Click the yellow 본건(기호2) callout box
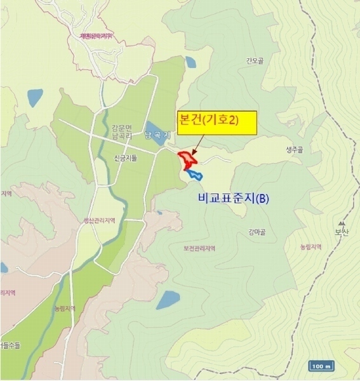click(x=216, y=123)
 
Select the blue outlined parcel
click(x=193, y=173)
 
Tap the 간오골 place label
click(x=254, y=62)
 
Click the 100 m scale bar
click(x=323, y=366)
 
